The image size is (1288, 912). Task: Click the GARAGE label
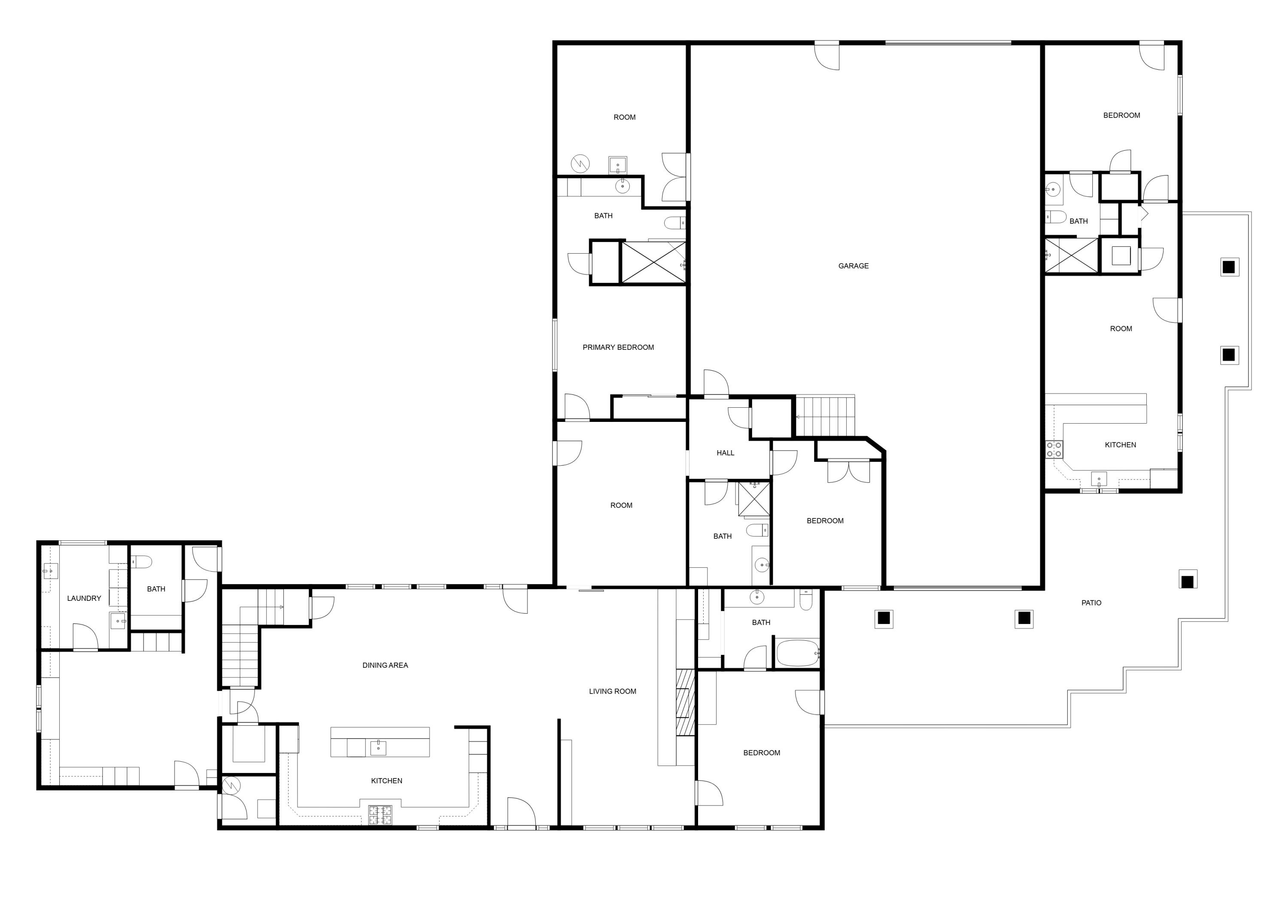tap(853, 266)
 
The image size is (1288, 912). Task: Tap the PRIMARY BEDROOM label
tap(618, 348)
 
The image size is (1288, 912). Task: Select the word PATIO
tap(1091, 603)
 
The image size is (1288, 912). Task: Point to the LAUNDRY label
tap(84, 599)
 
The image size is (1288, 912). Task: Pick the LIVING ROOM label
tap(612, 692)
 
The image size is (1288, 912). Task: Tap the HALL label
tap(725, 453)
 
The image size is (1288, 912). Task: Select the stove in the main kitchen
tap(380, 815)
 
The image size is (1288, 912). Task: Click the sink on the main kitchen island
tap(378, 748)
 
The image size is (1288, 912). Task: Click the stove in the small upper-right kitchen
tap(1054, 449)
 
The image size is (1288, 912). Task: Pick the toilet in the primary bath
tap(674, 224)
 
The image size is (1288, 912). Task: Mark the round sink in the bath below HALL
tap(761, 565)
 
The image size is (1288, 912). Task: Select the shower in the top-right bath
tap(1071, 256)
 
